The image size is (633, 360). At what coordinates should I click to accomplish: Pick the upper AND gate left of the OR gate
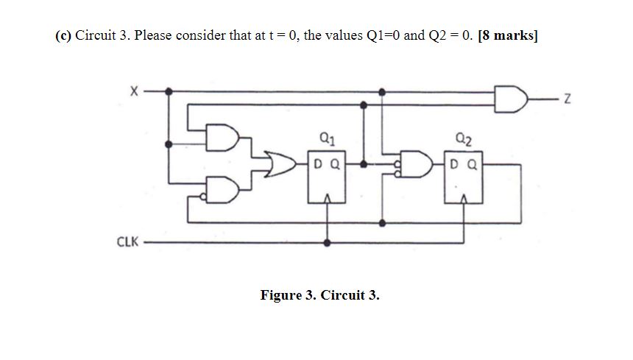[222, 138]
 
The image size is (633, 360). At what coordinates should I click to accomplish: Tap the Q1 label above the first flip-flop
[327, 136]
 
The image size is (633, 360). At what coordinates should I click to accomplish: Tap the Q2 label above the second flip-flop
[464, 136]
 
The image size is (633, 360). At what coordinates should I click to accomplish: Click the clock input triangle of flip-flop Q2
[464, 197]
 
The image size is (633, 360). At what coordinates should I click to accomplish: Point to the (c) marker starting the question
[64, 36]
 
